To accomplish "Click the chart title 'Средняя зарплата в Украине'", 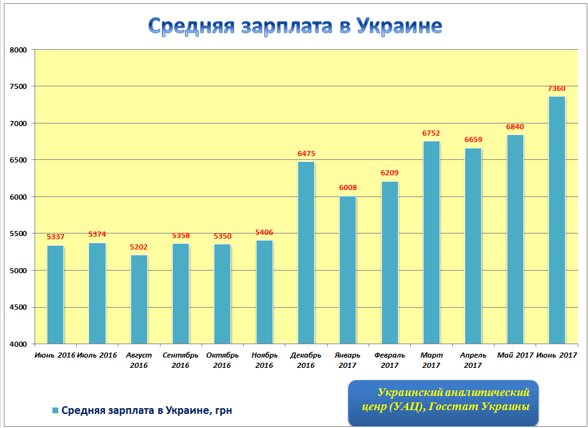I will (295, 25).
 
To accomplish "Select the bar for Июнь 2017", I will (557, 220).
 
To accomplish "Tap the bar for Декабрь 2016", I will (306, 253).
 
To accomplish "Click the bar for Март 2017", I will (431, 242).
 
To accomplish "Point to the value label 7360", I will (557, 89).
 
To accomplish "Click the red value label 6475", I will (306, 154).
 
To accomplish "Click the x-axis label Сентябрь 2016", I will (180, 360).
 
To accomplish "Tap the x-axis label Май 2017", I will (515, 355).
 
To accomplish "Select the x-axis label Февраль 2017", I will (390, 360).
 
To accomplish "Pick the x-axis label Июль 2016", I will (97, 355).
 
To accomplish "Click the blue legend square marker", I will (55, 410).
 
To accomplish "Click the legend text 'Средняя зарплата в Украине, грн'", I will (147, 410).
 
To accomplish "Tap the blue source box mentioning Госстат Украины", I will (443, 402).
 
